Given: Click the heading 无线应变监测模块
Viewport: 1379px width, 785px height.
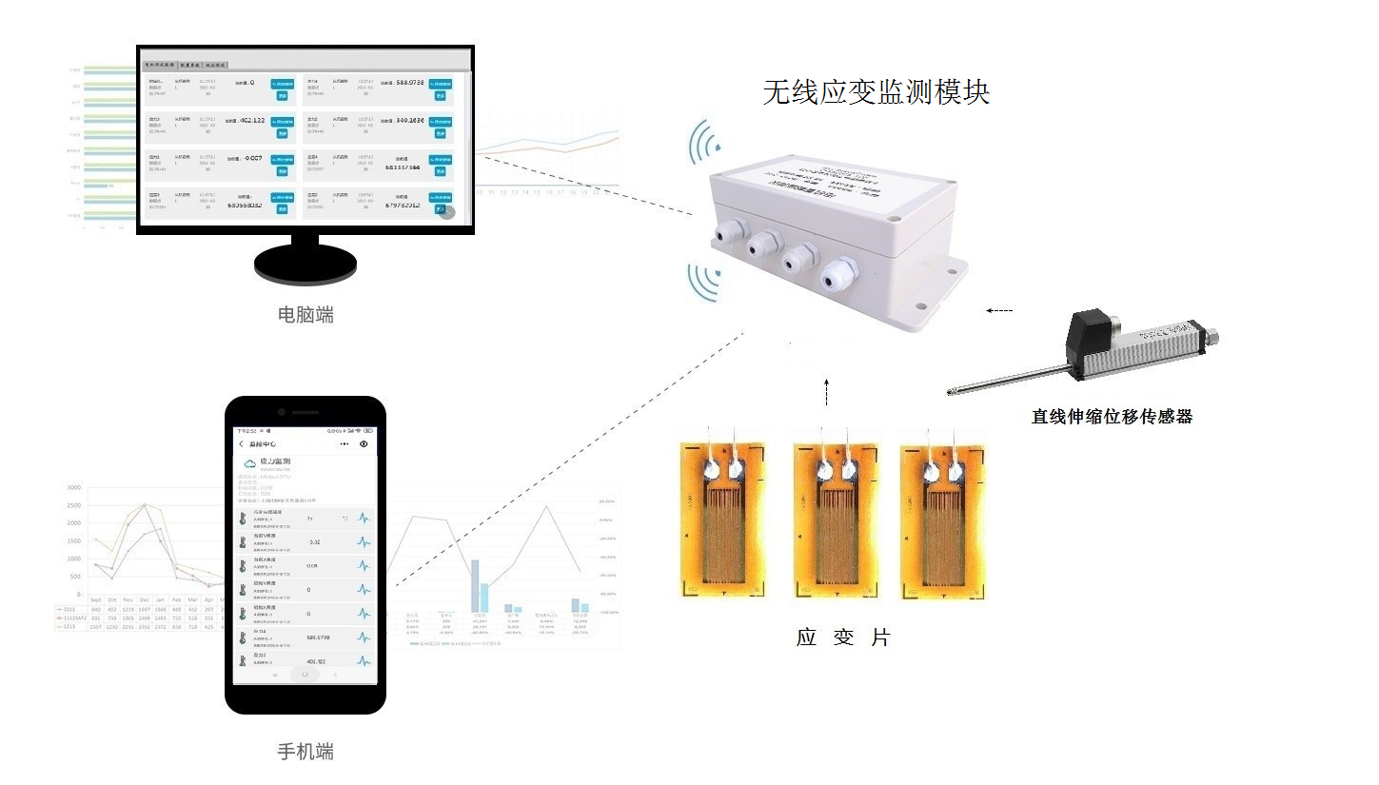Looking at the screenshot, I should (x=876, y=92).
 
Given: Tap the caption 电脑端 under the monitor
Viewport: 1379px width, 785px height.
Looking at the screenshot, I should (x=305, y=314).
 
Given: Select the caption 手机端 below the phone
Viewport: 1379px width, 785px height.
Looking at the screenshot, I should (x=305, y=752).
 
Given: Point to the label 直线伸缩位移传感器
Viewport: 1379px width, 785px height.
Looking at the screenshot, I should (x=1112, y=416).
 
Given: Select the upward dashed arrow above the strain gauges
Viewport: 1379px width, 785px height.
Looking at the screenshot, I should (x=826, y=390).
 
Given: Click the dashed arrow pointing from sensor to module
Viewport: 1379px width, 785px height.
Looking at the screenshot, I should (x=999, y=310).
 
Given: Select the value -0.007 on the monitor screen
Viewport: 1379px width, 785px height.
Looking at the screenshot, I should (x=252, y=158).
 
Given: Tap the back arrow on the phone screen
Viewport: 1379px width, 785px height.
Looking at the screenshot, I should (x=241, y=444).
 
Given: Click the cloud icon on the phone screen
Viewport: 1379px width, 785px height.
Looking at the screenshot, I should (x=250, y=463).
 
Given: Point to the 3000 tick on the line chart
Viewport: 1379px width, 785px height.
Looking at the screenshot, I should (x=74, y=487).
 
